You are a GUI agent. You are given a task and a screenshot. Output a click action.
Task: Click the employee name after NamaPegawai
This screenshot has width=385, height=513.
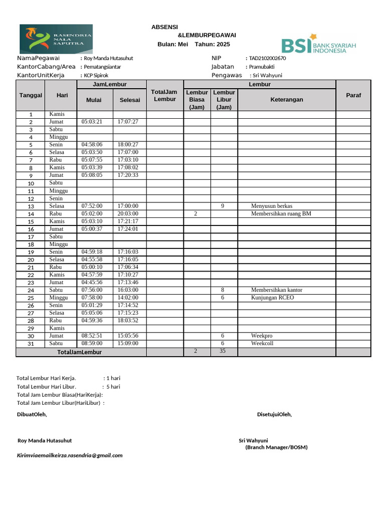point(109,59)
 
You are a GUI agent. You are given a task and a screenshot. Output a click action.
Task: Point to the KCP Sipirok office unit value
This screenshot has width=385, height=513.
point(96,76)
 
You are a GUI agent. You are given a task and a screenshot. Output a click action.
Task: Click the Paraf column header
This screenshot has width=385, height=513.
point(353,95)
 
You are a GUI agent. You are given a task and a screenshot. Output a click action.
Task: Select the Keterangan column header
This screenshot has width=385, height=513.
point(287,100)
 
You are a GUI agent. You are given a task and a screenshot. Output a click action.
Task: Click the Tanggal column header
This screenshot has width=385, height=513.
point(31,95)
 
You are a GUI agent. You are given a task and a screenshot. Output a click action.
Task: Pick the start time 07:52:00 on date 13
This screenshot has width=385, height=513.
point(92,206)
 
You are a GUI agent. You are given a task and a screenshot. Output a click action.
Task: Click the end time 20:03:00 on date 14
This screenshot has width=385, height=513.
point(128,213)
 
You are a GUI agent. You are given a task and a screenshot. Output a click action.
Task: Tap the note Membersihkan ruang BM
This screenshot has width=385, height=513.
point(281,213)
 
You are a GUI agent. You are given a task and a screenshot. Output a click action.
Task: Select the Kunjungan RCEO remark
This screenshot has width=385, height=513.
point(272,298)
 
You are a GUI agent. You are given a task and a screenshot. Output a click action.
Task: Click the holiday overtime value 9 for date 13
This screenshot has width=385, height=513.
point(222,206)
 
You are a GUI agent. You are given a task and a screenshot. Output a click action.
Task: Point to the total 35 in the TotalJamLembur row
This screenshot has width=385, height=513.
point(222,351)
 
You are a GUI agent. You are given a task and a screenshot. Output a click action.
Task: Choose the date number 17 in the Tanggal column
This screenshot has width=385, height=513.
point(31,237)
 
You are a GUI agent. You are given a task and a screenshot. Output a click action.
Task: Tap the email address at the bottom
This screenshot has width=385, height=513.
point(70,455)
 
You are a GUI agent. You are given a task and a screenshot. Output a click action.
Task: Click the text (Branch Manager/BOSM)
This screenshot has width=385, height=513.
point(276,447)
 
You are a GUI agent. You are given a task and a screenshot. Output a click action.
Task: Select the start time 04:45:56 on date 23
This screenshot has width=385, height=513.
point(92,283)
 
